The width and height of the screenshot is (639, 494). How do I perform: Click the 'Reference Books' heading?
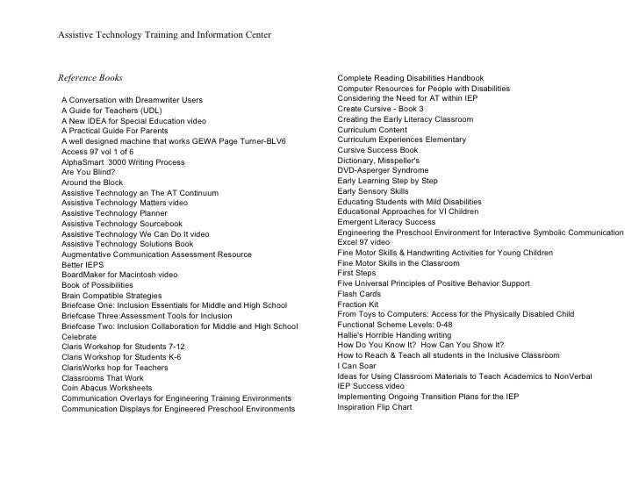(x=90, y=78)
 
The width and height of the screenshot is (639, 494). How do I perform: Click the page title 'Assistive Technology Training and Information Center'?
(x=164, y=35)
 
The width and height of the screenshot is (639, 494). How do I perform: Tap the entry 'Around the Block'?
(x=92, y=183)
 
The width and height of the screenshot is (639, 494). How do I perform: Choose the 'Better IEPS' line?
(x=84, y=265)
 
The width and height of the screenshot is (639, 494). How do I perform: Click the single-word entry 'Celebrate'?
(x=79, y=336)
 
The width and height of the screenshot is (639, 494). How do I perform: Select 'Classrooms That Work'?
(x=103, y=377)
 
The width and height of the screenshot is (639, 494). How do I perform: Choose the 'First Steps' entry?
(x=356, y=273)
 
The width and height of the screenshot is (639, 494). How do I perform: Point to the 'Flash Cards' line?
(x=359, y=294)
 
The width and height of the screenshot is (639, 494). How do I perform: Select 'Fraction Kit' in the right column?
(x=358, y=304)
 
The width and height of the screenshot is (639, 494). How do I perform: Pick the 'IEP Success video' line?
(x=371, y=386)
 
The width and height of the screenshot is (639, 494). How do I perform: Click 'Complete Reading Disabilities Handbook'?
(x=422, y=78)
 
